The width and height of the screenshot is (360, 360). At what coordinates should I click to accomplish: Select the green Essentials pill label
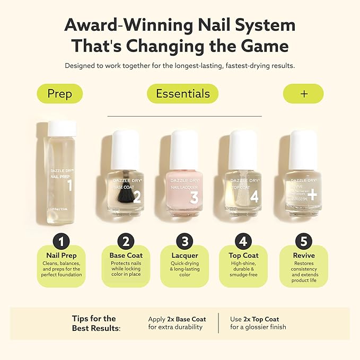pyautogui.click(x=183, y=94)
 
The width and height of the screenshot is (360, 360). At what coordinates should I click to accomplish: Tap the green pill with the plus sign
pyautogui.click(x=303, y=94)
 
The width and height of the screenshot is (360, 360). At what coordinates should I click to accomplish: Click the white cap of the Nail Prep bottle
pyautogui.click(x=63, y=129)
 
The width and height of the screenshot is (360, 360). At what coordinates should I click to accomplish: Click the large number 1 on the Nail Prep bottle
pyautogui.click(x=69, y=186)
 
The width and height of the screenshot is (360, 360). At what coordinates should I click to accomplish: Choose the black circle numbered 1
pyautogui.click(x=62, y=242)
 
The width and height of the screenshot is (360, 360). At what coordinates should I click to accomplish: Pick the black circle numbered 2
pyautogui.click(x=126, y=242)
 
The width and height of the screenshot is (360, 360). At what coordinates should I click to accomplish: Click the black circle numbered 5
pyautogui.click(x=303, y=242)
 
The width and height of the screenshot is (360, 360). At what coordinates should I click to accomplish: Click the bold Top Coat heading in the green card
pyautogui.click(x=243, y=256)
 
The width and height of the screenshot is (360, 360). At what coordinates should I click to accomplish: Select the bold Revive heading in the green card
pyautogui.click(x=303, y=256)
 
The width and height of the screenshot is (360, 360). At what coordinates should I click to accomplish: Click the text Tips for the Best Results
pyautogui.click(x=96, y=323)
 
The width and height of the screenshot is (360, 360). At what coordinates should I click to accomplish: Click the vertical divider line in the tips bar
pyautogui.click(x=218, y=323)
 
